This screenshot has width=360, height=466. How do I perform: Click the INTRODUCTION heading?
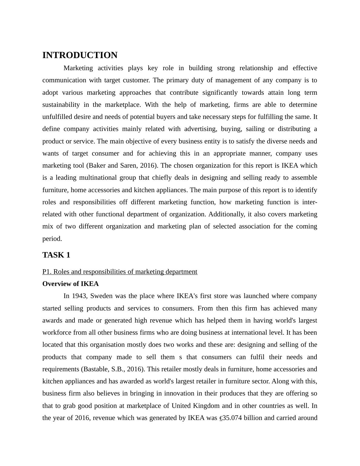pyautogui.click(x=80, y=55)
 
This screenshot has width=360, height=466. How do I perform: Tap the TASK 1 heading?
pyautogui.click(x=56, y=255)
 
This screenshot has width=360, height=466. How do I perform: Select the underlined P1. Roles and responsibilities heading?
pyautogui.click(x=120, y=272)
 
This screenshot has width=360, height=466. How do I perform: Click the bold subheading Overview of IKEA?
pyautogui.click(x=70, y=284)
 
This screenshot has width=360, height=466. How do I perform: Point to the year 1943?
pyautogui.click(x=80, y=296)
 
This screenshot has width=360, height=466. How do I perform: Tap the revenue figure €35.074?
pyautogui.click(x=231, y=418)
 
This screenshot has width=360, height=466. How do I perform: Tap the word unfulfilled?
pyautogui.click(x=57, y=117)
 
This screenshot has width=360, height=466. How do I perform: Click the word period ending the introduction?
pyautogui.click(x=52, y=239)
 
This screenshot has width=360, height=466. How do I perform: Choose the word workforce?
pyautogui.click(x=57, y=333)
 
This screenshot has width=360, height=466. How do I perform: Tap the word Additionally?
pyautogui.click(x=227, y=214)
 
